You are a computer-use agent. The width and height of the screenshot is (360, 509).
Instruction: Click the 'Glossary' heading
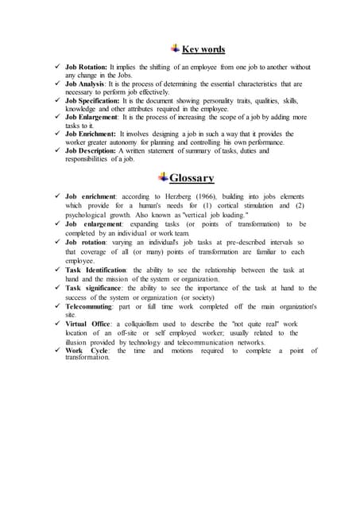coord(192,177)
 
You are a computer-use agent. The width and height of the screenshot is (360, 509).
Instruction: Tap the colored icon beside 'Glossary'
coord(163,177)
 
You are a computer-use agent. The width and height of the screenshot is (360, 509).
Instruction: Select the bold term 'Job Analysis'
coord(86,84)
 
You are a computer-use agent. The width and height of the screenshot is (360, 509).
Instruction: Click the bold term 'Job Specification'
coord(93,101)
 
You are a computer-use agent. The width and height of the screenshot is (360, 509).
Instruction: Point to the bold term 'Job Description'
coord(91,150)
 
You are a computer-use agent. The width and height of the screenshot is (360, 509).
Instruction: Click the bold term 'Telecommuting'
coord(89,305)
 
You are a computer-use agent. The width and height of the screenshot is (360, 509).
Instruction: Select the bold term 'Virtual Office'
coord(87,324)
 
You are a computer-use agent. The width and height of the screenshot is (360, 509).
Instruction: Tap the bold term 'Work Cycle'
coord(85,350)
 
